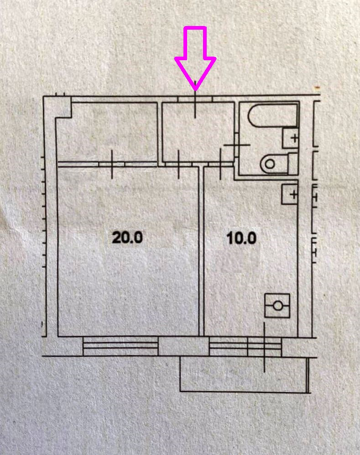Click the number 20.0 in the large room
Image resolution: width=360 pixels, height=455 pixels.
click(x=128, y=238)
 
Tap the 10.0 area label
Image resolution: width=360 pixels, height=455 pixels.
click(x=241, y=238)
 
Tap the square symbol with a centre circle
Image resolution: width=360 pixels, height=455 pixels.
click(x=277, y=305)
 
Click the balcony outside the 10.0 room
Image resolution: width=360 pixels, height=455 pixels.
click(x=244, y=374)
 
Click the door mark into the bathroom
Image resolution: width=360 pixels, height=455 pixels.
click(x=236, y=145)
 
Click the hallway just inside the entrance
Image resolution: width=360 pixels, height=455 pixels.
click(x=198, y=132)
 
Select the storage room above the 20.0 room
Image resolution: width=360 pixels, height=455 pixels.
click(x=107, y=132)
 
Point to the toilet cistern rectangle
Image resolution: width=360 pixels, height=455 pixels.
click(x=292, y=163)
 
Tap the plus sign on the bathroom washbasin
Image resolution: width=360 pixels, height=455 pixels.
click(x=293, y=138)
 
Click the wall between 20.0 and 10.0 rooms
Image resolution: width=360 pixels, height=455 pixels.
click(x=201, y=251)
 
